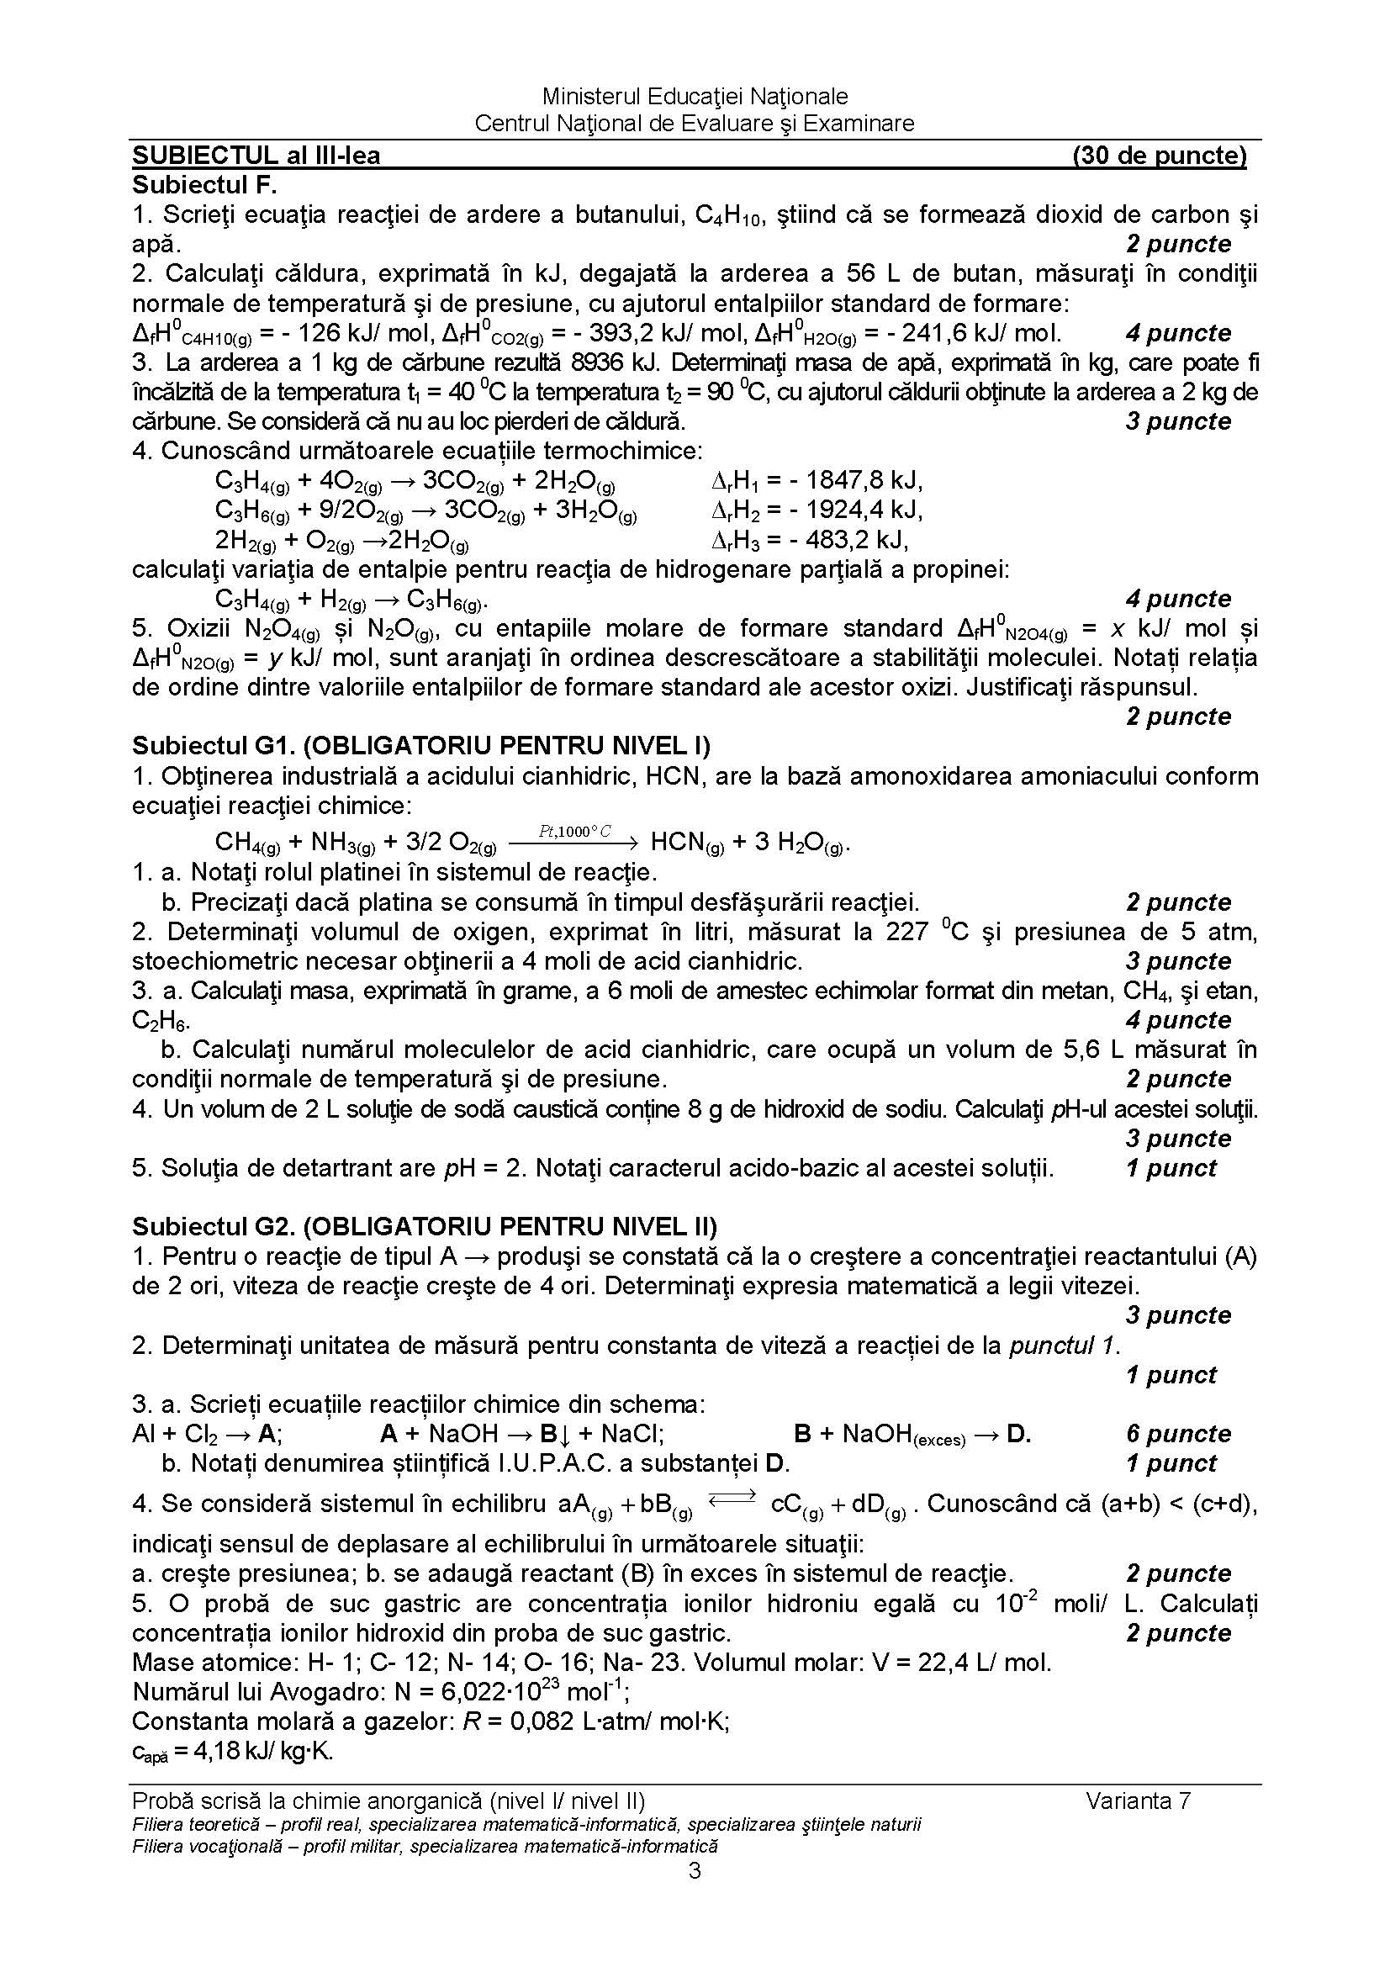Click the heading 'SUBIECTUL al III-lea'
[x=256, y=155]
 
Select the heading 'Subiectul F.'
[x=204, y=184]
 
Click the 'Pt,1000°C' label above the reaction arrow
[x=574, y=831]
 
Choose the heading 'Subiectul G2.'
[x=214, y=1226]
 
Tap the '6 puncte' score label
[x=1178, y=1433]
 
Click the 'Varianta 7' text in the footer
[x=1139, y=1800]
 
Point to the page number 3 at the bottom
[x=695, y=1871]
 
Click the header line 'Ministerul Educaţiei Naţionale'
[x=695, y=96]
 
